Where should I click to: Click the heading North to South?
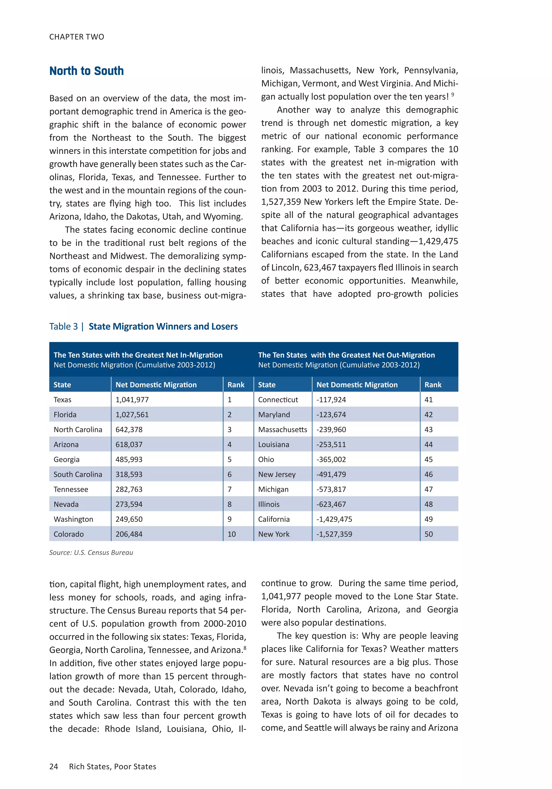87,71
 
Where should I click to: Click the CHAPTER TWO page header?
77,37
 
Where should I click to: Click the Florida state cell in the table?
65,414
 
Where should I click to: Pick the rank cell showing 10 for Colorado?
232,534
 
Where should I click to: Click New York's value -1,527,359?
334,534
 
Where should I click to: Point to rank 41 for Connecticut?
428,400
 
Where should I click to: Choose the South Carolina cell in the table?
78,474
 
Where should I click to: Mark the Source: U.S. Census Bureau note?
91,552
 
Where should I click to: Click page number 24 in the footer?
54,766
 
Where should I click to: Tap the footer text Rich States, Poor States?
112,766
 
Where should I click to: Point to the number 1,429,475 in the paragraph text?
438,241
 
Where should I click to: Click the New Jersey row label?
277,474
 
